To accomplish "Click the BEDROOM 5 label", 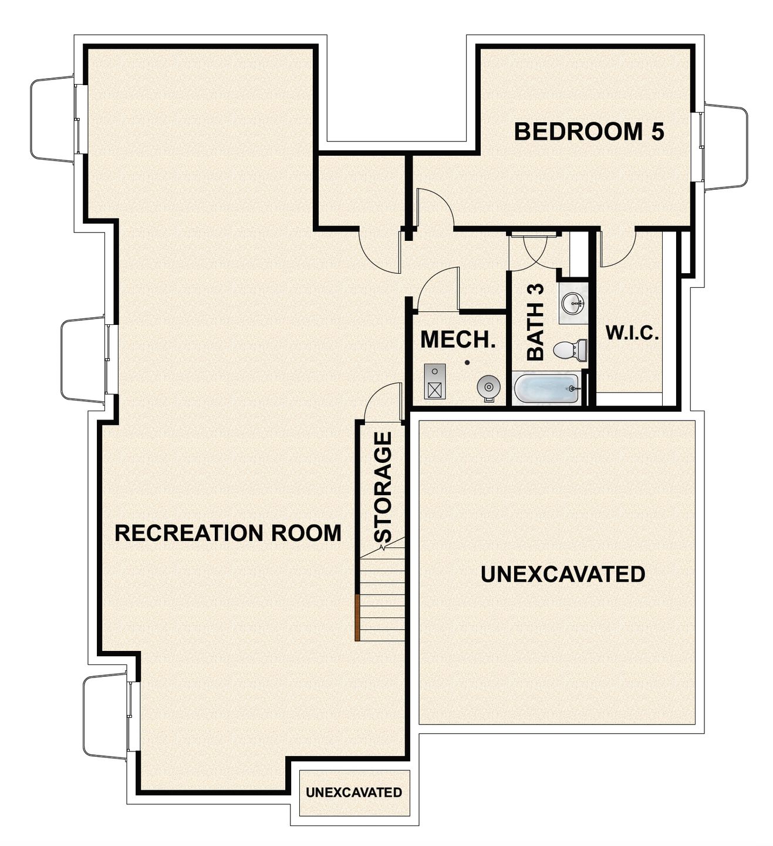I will (x=589, y=132).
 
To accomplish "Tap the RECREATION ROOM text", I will (x=228, y=533).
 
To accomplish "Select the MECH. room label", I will (x=458, y=340).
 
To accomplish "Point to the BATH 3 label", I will (x=536, y=322).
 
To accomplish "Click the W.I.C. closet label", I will (x=632, y=334).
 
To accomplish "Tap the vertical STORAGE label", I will (x=383, y=486).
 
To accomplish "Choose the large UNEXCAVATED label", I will (x=563, y=574).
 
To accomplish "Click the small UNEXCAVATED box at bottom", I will (x=354, y=793).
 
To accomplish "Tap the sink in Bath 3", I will (x=572, y=304).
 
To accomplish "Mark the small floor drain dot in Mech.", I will (x=467, y=362).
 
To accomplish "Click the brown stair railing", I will (x=357, y=617).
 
